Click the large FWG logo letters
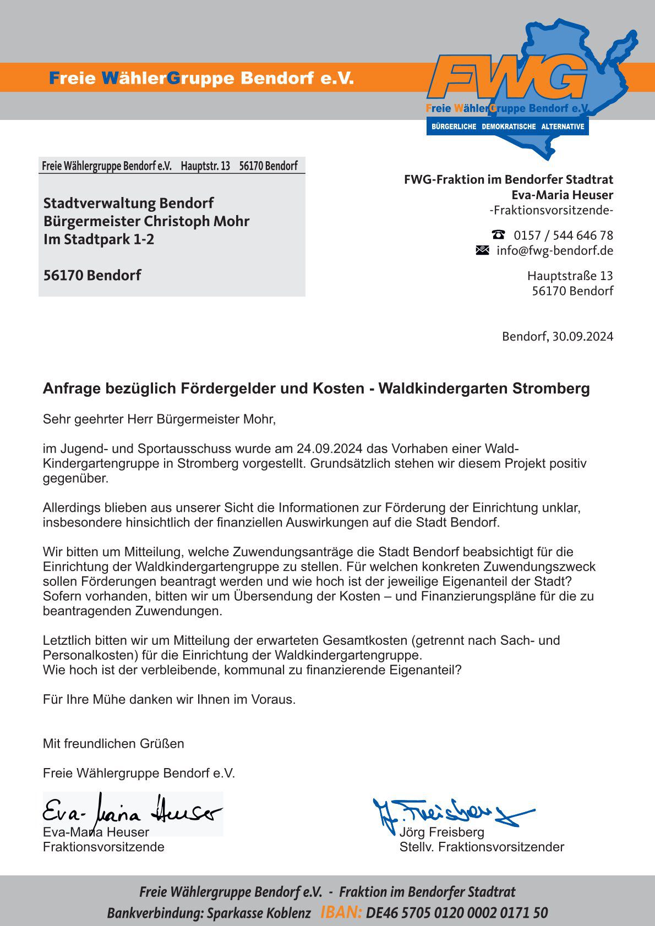[x=507, y=79]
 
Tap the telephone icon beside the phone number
[x=499, y=234]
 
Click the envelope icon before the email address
[x=482, y=250]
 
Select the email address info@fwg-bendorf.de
[x=555, y=251]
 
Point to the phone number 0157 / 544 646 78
[x=563, y=235]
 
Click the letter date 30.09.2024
[x=582, y=336]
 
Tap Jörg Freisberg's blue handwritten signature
[x=451, y=812]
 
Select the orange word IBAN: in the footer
[x=341, y=913]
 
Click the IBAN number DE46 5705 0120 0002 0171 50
[x=457, y=913]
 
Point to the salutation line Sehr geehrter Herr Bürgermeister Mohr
[x=159, y=419]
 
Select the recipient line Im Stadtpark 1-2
[x=99, y=239]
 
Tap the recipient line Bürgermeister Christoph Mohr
[x=146, y=221]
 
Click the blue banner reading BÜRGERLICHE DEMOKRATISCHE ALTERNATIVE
[x=507, y=127]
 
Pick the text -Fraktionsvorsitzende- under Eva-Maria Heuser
[x=551, y=210]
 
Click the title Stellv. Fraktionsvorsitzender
[x=482, y=847]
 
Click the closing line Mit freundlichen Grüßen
[x=113, y=743]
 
